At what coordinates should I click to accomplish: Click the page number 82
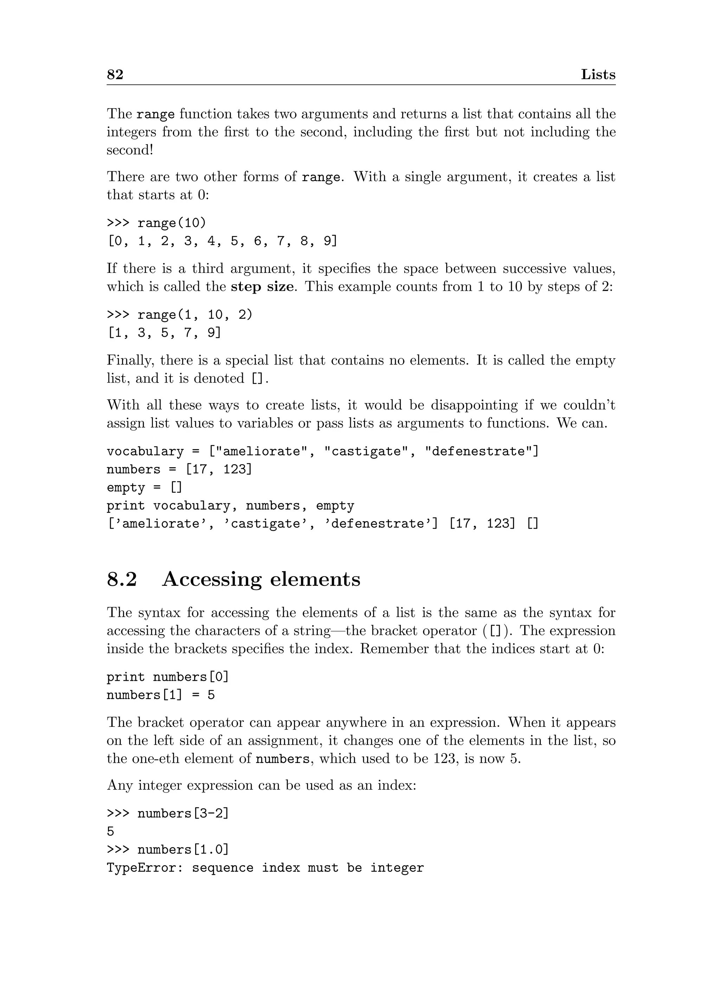[x=115, y=75]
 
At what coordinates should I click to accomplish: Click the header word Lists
[x=598, y=75]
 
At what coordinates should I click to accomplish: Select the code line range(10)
[x=171, y=223]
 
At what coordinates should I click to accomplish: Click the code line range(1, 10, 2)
[x=194, y=315]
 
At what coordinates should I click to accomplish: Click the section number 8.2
[x=122, y=579]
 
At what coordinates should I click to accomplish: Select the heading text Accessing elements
[x=261, y=579]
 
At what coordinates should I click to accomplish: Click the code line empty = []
[x=144, y=487]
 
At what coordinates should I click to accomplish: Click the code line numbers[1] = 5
[x=160, y=695]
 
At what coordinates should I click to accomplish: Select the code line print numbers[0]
[x=167, y=677]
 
